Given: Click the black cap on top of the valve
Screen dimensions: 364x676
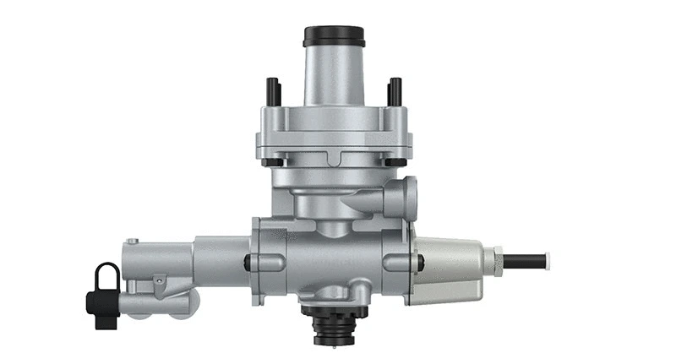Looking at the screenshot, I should coord(334,36).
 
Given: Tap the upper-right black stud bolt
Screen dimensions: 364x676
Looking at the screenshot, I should coord(394,91).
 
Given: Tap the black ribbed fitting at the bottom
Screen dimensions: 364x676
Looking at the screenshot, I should coord(335,326).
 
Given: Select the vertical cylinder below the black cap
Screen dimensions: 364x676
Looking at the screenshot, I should coord(334,76).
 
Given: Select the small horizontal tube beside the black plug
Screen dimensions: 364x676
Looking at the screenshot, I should coord(135,300).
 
